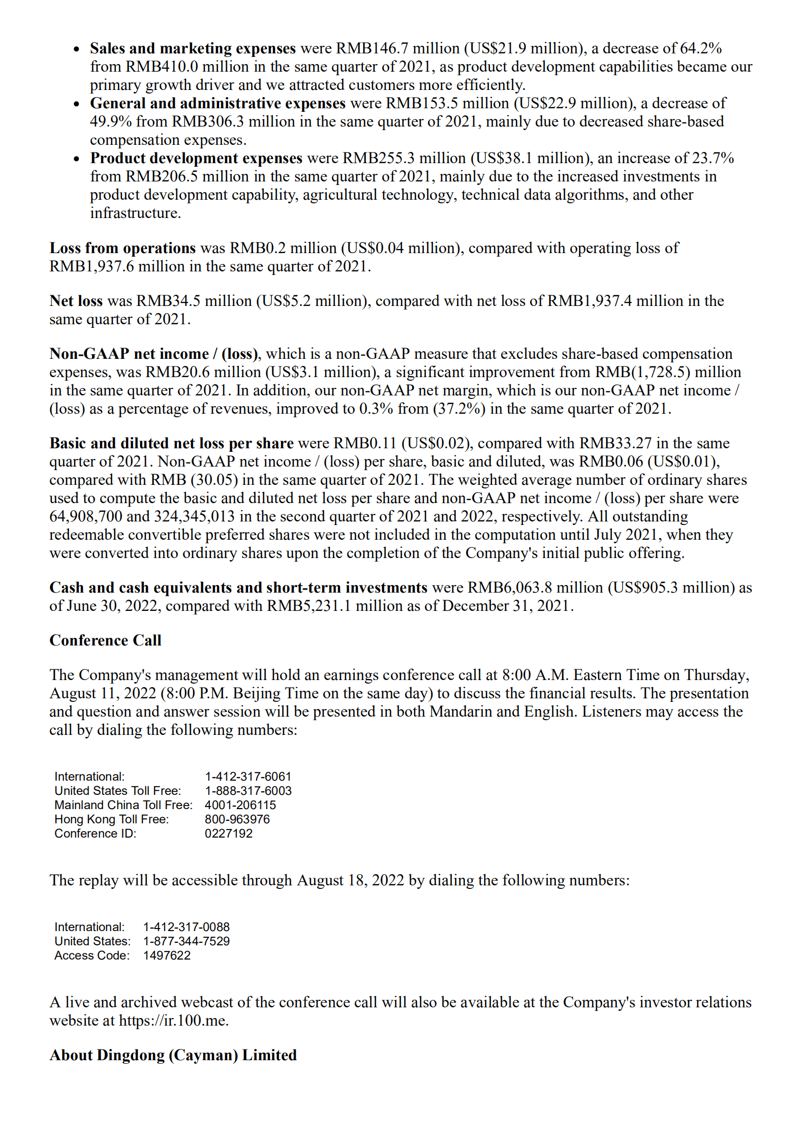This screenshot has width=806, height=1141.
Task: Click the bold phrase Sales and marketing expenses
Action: pos(193,48)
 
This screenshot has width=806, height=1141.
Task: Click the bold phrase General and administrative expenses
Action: pos(218,103)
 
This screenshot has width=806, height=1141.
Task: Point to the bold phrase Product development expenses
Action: pos(196,158)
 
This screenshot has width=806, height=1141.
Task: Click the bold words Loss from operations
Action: pos(122,248)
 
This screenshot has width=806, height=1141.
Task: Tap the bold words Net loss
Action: pos(76,301)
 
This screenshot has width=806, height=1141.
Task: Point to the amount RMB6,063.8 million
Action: pos(535,588)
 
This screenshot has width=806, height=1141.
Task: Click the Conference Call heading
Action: pos(105,640)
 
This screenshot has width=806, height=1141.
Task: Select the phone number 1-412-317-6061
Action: pos(248,777)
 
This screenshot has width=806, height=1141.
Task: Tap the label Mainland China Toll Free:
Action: pos(123,805)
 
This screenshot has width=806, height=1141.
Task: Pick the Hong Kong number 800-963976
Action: pos(237,819)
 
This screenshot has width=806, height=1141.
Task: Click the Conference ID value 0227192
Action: pos(229,834)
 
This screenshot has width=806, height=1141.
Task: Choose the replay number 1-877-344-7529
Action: pos(187,941)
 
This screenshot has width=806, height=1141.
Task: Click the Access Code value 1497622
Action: pos(167,955)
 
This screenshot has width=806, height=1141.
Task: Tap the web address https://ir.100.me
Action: pos(173,1021)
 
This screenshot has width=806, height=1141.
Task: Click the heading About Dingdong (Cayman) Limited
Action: pos(173,1055)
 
